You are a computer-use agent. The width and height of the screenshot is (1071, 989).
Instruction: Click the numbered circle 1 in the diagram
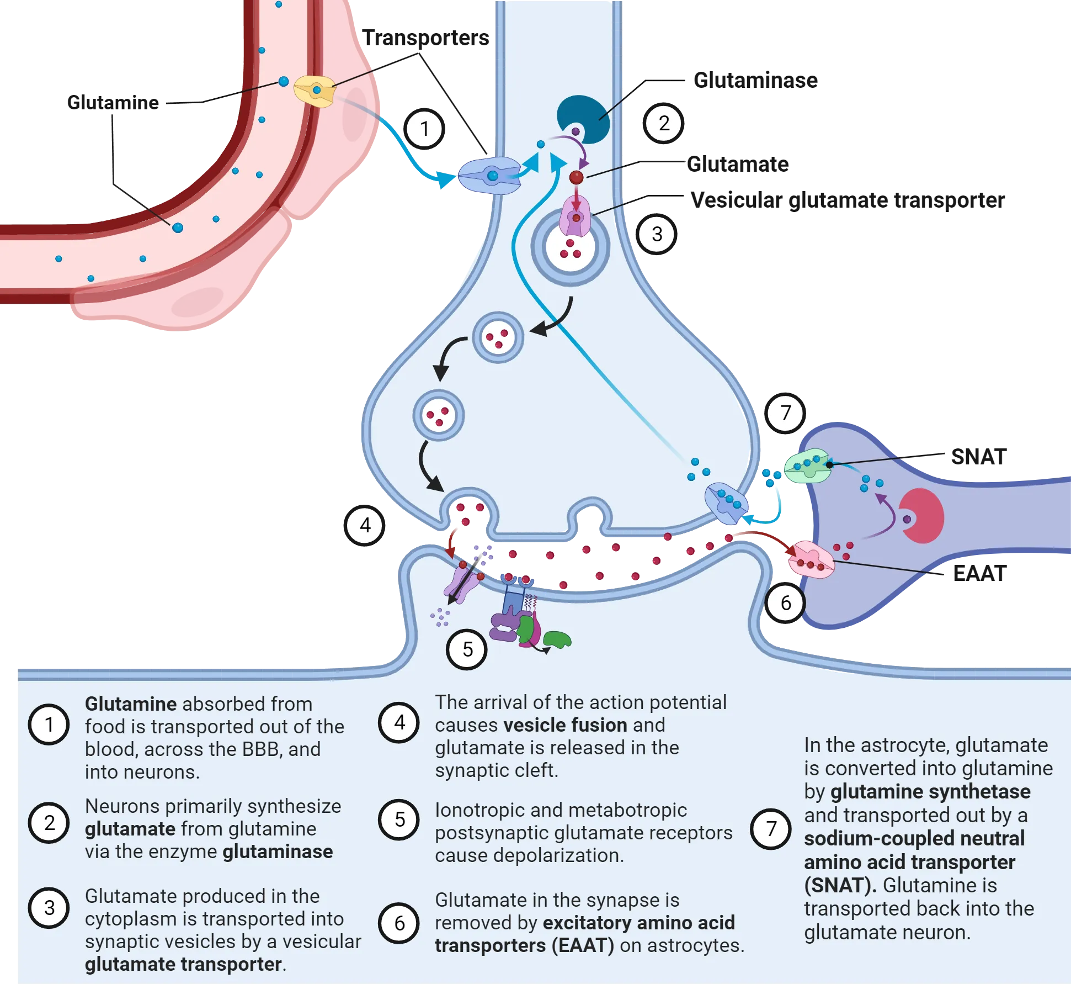(x=424, y=129)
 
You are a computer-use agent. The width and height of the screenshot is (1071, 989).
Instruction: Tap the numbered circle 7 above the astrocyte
(x=785, y=412)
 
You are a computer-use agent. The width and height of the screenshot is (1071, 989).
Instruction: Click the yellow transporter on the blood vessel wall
(x=315, y=91)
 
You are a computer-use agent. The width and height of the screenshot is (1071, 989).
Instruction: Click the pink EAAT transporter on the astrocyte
(x=811, y=560)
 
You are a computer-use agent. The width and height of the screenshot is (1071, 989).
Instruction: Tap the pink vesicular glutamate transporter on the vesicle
(x=576, y=218)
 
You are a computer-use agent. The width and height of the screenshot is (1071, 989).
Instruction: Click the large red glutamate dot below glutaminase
(x=576, y=177)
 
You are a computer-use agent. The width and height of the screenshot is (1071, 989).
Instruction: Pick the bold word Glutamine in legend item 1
(x=130, y=704)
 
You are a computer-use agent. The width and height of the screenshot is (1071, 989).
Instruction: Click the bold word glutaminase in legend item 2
(x=278, y=852)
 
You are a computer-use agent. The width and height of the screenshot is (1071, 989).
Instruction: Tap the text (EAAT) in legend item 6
(x=583, y=945)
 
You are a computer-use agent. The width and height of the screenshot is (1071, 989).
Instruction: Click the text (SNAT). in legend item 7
(x=840, y=886)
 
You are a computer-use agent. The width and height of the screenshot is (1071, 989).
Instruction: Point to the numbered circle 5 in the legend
(x=399, y=819)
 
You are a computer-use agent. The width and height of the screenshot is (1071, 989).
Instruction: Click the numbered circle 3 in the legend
(x=49, y=908)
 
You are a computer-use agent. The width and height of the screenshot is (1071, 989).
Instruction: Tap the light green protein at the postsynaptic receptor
(x=557, y=639)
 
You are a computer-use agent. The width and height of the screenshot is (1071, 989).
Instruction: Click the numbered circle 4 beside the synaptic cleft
(x=365, y=525)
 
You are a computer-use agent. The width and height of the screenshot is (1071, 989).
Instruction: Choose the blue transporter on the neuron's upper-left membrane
(x=490, y=176)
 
